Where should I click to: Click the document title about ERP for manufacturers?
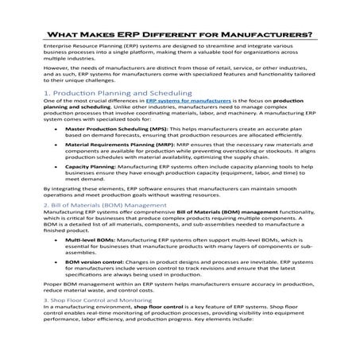[180, 34]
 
